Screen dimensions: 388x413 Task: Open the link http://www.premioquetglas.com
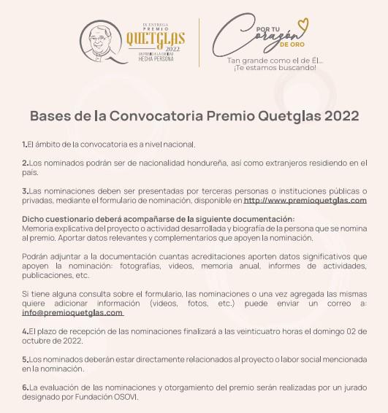305,200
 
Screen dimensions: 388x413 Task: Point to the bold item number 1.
24,144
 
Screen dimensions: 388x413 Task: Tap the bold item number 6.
25,387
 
